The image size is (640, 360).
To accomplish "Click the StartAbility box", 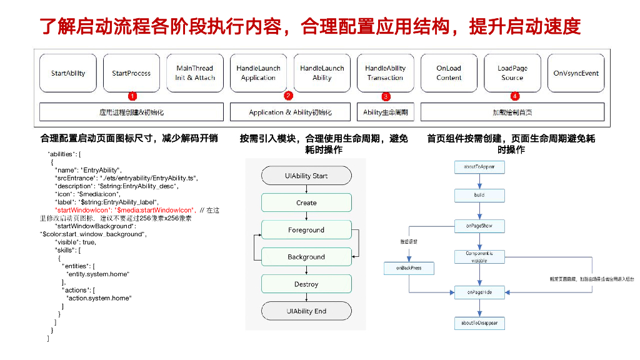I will click(x=68, y=73).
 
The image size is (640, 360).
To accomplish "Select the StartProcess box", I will click(x=131, y=73).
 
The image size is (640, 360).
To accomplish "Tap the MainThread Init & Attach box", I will click(x=195, y=73).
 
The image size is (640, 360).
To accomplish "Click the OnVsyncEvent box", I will click(x=576, y=73).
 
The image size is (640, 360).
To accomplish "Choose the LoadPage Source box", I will click(x=512, y=73).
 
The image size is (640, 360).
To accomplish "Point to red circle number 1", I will click(x=132, y=96).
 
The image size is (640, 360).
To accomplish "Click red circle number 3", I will click(x=386, y=96).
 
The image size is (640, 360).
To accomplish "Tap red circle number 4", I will click(x=514, y=96).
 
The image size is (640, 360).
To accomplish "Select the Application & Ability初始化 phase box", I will click(x=290, y=112).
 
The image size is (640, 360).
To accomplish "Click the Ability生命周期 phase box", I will click(x=386, y=112).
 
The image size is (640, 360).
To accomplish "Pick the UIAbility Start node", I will click(x=306, y=176).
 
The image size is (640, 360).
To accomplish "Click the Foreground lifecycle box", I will click(x=306, y=230).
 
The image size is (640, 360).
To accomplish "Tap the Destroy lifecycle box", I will click(x=306, y=284).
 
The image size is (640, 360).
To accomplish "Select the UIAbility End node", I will click(x=306, y=311).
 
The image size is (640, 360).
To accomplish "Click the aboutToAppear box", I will click(x=479, y=167).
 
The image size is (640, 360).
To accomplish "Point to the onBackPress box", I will click(x=409, y=267).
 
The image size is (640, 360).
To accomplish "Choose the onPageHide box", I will click(x=479, y=292).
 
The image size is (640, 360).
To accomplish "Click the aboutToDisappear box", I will click(x=479, y=322).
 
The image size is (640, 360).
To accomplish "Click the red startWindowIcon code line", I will click(x=125, y=210).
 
